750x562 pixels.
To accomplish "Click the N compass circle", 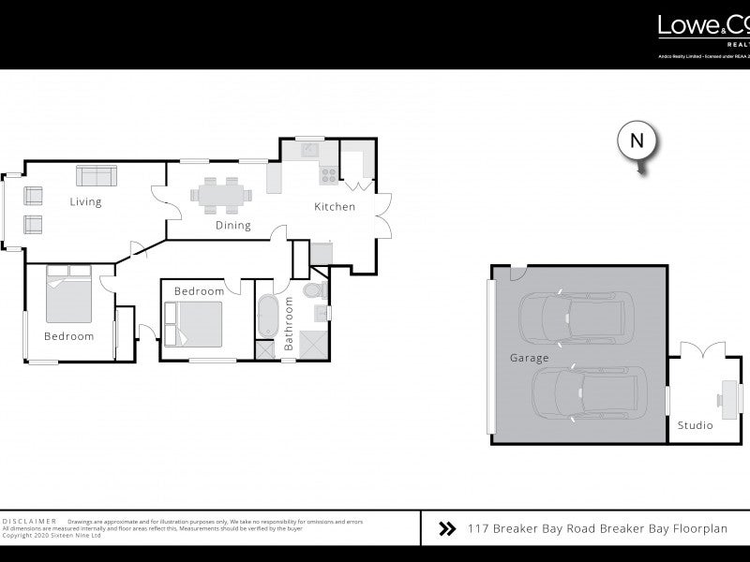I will (x=637, y=141).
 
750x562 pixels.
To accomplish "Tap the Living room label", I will (x=85, y=201).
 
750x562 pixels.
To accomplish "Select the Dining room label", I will (x=233, y=225).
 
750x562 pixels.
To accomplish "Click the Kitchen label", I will (x=335, y=206).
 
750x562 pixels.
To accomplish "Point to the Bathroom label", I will (x=289, y=324).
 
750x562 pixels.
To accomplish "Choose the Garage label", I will (x=529, y=358).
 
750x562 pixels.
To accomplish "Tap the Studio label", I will (x=695, y=425).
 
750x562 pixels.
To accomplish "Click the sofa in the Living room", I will (x=96, y=175).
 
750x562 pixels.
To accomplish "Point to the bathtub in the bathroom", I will (x=266, y=317).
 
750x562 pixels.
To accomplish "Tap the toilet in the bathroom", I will (x=317, y=291).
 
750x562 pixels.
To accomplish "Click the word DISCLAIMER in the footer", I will (x=31, y=520).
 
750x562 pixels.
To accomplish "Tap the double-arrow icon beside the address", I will (x=447, y=528).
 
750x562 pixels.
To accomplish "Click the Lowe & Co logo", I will (x=703, y=27).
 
